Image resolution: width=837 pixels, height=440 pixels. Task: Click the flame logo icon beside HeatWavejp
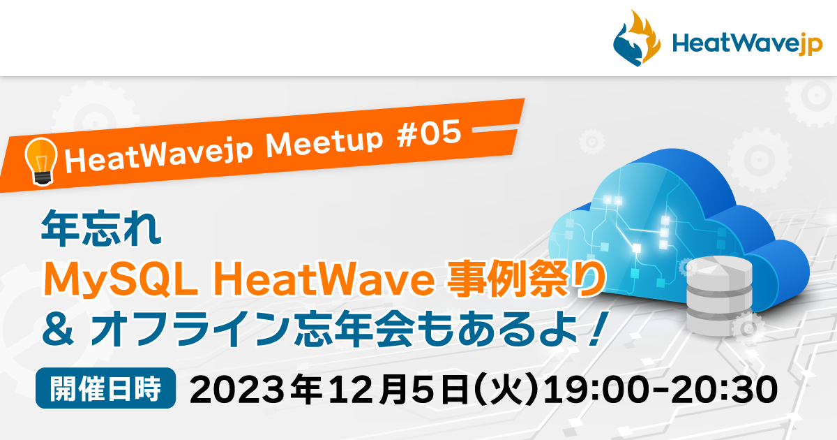(636, 38)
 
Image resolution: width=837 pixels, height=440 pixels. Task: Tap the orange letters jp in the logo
(810, 44)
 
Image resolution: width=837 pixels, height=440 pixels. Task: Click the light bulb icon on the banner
(41, 161)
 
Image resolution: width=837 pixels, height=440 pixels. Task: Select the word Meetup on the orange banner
(324, 144)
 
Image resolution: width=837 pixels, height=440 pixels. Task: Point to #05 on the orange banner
(429, 133)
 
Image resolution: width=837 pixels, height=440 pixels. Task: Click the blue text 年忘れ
(101, 228)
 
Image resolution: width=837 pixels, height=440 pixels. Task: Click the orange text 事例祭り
(526, 279)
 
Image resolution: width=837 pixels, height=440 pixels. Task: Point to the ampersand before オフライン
(58, 329)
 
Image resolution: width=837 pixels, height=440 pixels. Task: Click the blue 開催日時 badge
(106, 388)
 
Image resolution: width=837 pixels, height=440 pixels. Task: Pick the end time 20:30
(724, 390)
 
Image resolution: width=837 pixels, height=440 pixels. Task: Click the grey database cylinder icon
(719, 295)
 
